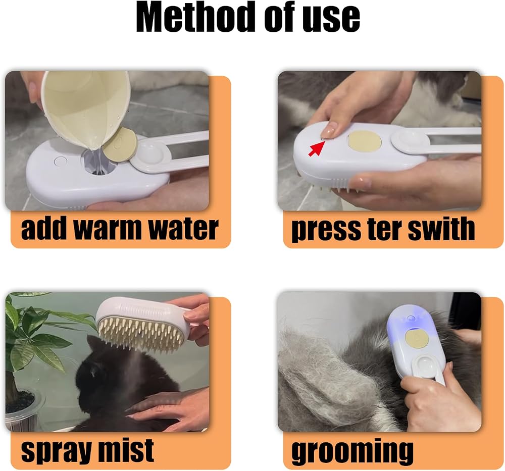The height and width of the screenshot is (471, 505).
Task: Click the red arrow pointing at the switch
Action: [x=316, y=148]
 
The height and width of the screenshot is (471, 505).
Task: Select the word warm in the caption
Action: [x=108, y=229]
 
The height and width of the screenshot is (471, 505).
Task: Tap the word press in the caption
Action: [x=327, y=230]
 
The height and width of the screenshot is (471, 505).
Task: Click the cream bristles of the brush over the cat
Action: [x=142, y=333]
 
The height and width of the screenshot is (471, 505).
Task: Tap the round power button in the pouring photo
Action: [x=60, y=161]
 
